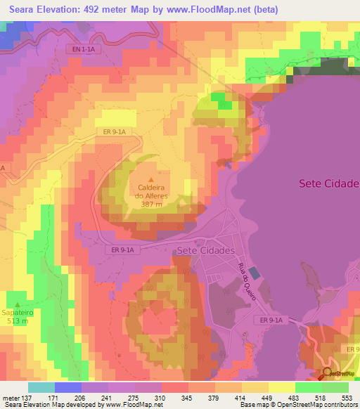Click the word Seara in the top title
click(x=28, y=10)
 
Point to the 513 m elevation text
click(x=19, y=321)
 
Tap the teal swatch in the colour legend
click(x=41, y=387)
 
